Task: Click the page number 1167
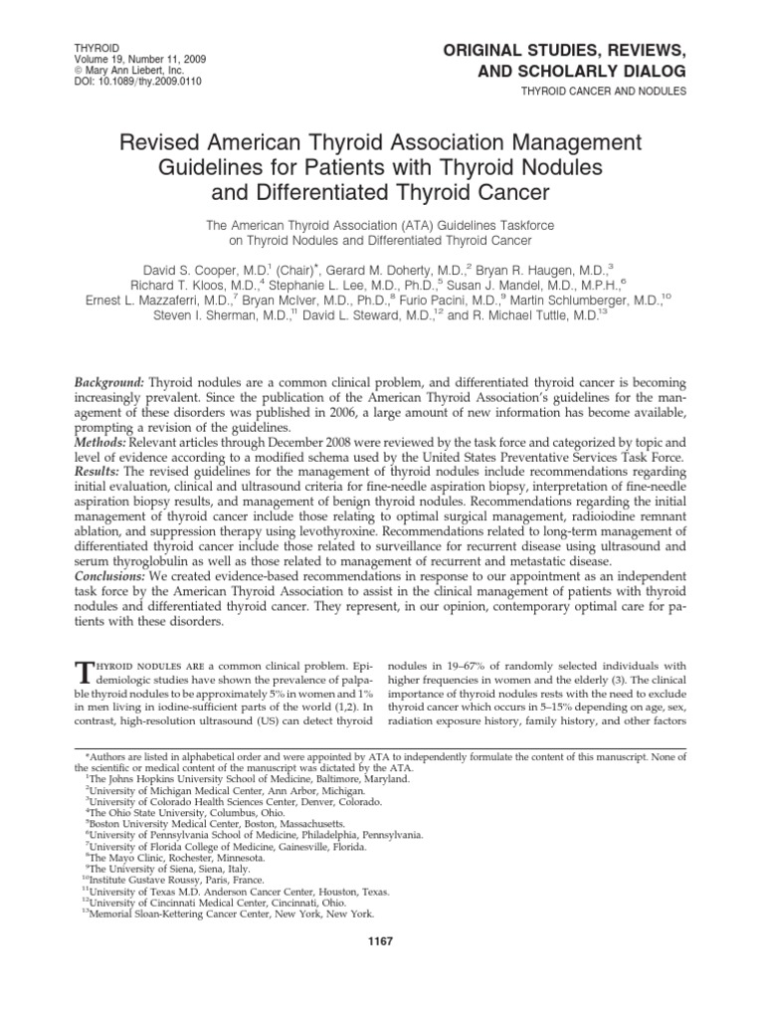(382, 942)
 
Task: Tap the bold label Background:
(110, 383)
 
